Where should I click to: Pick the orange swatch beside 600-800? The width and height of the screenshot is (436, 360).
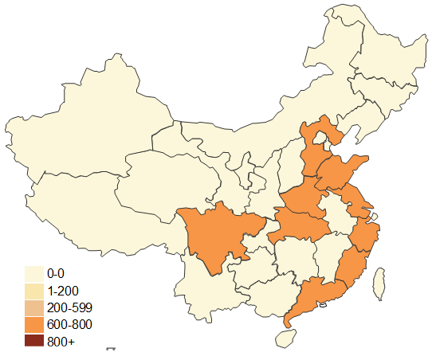[33, 324]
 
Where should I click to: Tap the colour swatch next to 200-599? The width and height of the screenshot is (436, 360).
[33, 307]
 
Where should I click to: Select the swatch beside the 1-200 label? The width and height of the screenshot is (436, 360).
[33, 290]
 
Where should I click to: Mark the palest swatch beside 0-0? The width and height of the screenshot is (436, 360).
[33, 273]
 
